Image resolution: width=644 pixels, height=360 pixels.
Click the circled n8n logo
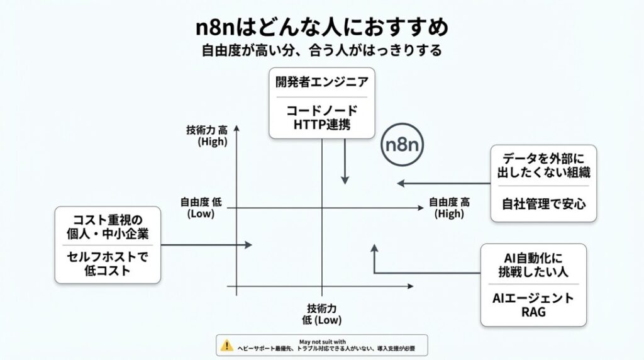tap(403, 145)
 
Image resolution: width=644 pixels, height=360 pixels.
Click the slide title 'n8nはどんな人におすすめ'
tap(321, 28)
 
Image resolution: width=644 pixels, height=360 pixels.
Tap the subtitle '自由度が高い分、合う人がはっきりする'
tap(321, 49)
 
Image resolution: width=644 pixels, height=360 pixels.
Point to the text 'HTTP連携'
tap(322, 125)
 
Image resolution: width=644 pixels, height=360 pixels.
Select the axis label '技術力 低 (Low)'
tap(321, 314)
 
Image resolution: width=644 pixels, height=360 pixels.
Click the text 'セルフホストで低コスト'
tap(107, 264)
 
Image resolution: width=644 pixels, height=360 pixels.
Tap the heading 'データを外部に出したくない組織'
tap(543, 165)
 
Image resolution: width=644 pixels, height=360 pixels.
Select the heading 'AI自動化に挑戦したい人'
tap(533, 264)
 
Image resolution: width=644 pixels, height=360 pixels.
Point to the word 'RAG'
tap(533, 312)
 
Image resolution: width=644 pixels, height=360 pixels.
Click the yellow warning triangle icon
tap(226, 345)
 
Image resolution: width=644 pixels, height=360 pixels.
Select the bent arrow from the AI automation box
tap(402, 273)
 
